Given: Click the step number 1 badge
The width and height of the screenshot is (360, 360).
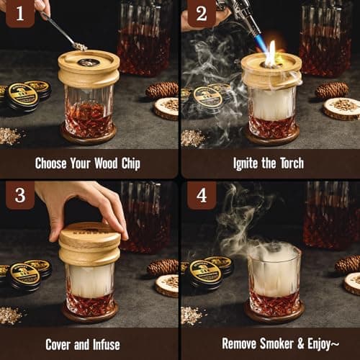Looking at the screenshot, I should pyautogui.click(x=20, y=13).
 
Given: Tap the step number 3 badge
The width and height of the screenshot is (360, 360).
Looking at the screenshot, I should pyautogui.click(x=20, y=195).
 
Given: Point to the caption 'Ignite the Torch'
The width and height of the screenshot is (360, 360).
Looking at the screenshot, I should pyautogui.click(x=270, y=163).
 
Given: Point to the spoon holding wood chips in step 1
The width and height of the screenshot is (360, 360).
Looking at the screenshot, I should pyautogui.click(x=68, y=35).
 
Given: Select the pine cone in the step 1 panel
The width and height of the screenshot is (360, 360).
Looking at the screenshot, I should pyautogui.click(x=162, y=90).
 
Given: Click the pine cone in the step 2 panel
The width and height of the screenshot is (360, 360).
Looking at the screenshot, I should pyautogui.click(x=332, y=90).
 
